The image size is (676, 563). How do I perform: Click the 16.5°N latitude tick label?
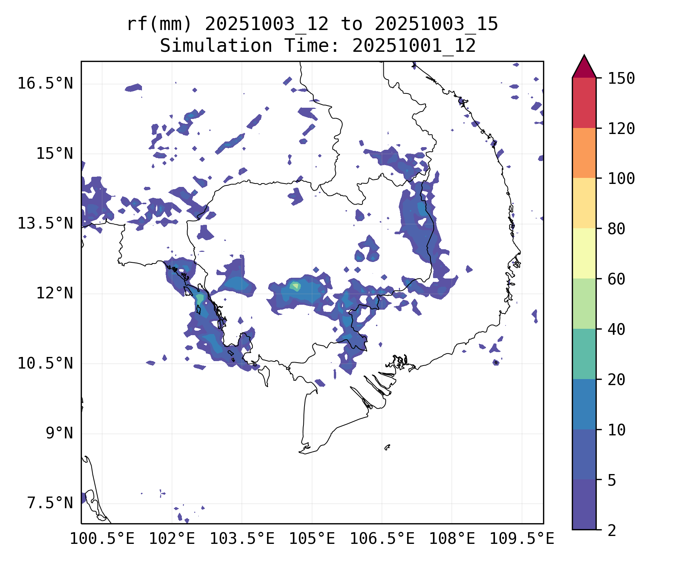pos(45,83)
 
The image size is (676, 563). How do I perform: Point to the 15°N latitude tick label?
pos(54,154)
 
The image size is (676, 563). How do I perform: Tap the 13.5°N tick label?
pos(45,223)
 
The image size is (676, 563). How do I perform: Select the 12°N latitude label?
pos(54,293)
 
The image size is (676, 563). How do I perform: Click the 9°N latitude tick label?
pos(59,433)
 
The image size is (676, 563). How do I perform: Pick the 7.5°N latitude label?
pos(50,503)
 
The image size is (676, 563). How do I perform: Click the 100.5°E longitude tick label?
pos(102,539)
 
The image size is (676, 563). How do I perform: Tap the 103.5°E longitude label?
pos(242,539)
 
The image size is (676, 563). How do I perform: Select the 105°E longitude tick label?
pos(312,539)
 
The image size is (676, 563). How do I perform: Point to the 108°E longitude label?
pos(452,539)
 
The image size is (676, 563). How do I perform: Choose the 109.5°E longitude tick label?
pos(522,539)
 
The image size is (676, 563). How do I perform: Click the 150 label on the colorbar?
pos(621,78)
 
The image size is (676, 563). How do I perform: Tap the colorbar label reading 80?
pos(616,229)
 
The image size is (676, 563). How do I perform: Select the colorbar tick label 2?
pos(612,530)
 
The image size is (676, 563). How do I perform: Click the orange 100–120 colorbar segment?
pos(584,153)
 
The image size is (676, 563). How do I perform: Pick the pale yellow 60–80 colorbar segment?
pos(584,253)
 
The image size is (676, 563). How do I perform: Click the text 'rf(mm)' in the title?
pos(159,24)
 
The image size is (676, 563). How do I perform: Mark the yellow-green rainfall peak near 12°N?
pos(295,287)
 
